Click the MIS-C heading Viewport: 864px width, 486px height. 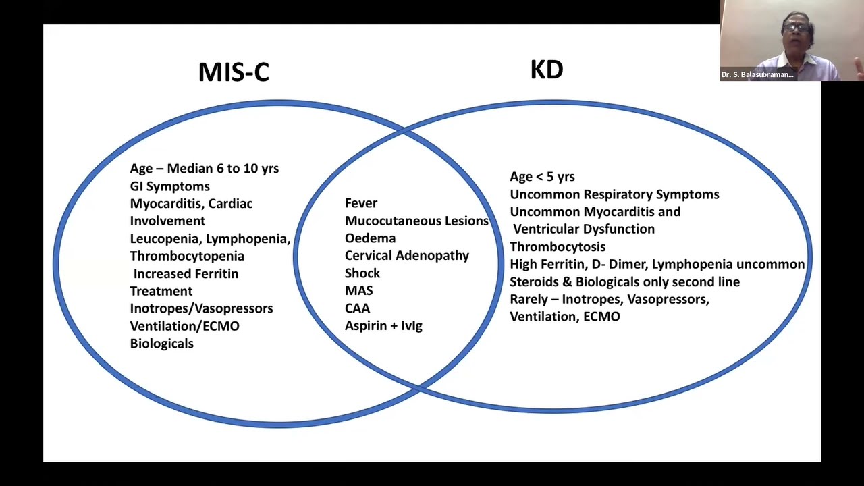pyautogui.click(x=234, y=72)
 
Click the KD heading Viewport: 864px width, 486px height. pyautogui.click(x=546, y=69)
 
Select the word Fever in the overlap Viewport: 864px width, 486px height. pyautogui.click(x=360, y=203)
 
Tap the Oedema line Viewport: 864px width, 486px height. pyautogui.click(x=370, y=238)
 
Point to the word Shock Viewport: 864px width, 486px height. pyautogui.click(x=362, y=273)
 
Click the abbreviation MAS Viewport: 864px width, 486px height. pyautogui.click(x=358, y=290)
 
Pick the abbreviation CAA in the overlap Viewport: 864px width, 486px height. pyautogui.click(x=357, y=308)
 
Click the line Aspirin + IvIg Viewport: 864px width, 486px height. pyautogui.click(x=383, y=326)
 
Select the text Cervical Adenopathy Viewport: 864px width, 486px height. pyautogui.click(x=406, y=256)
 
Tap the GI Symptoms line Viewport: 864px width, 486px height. pyautogui.click(x=169, y=186)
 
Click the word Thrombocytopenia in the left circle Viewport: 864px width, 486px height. pyautogui.click(x=187, y=256)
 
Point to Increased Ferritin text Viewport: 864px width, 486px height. pyautogui.click(x=186, y=274)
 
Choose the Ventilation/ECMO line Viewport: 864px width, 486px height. pyautogui.click(x=184, y=326)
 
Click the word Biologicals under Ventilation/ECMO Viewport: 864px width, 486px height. pyautogui.click(x=161, y=344)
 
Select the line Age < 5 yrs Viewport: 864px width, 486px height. pyautogui.click(x=542, y=177)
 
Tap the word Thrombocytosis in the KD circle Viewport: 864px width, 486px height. pyautogui.click(x=557, y=247)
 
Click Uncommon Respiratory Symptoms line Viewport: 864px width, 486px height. pyautogui.click(x=614, y=194)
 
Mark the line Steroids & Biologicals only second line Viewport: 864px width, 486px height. pyautogui.click(x=624, y=282)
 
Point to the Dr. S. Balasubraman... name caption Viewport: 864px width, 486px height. pyautogui.click(x=757, y=75)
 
